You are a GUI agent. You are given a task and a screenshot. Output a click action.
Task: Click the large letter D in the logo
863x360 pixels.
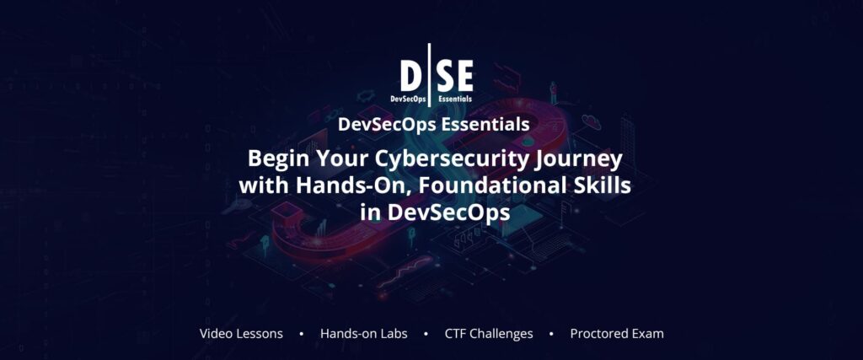[x=412, y=77]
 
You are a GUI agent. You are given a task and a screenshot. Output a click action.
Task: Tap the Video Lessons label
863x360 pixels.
[x=241, y=333]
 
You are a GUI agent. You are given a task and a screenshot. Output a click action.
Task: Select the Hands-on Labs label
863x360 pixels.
[x=363, y=333]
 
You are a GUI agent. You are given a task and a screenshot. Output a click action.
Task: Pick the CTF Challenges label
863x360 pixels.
[x=489, y=333]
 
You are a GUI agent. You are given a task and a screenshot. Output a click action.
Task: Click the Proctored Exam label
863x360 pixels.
[x=617, y=333]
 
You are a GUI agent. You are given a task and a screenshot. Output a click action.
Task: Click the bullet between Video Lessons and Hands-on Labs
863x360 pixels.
[x=302, y=334]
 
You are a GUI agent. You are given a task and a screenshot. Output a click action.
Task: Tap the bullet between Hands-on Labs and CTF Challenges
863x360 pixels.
[x=426, y=334]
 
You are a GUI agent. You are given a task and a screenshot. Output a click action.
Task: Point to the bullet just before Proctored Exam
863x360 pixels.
[x=551, y=334]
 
